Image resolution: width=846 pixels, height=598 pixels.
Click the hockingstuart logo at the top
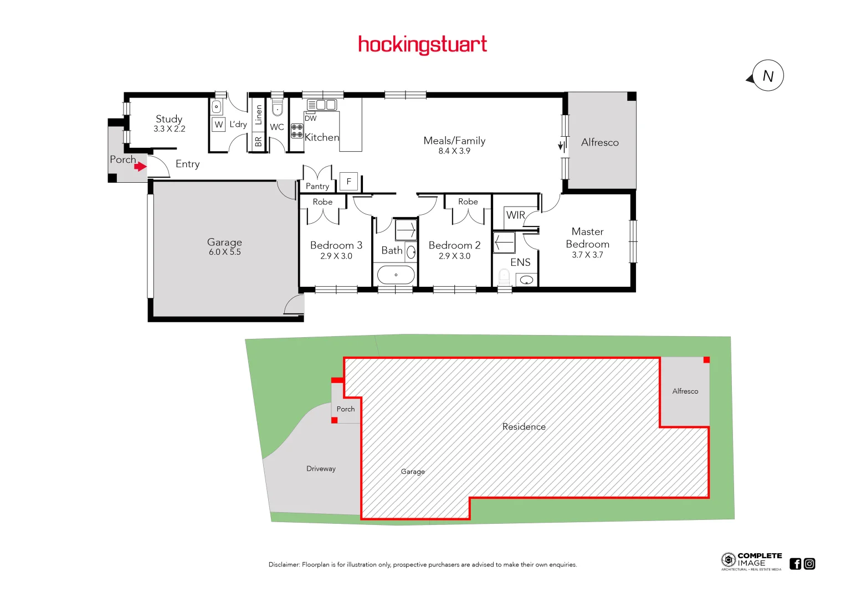click(422, 44)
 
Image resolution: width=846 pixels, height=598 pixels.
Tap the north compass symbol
click(767, 76)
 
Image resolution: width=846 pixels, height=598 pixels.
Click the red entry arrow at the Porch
click(140, 166)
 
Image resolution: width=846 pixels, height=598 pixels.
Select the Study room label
click(169, 119)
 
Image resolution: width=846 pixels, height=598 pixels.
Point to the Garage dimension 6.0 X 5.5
click(224, 252)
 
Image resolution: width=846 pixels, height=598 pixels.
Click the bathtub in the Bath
click(396, 275)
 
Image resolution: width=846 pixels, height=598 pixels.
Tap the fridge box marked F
click(348, 182)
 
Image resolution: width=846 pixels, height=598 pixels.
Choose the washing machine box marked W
click(219, 125)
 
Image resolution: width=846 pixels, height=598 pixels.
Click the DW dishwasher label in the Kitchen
click(311, 118)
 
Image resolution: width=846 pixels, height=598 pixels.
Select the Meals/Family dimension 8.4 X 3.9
click(454, 151)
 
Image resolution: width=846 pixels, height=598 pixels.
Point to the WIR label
click(515, 215)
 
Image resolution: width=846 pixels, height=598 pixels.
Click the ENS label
click(520, 262)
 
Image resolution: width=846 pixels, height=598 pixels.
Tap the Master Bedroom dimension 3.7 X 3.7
click(587, 255)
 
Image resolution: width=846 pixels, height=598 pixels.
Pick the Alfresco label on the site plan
click(685, 391)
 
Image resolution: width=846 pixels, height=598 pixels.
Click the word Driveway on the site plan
click(321, 468)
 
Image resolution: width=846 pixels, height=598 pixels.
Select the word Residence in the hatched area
click(524, 427)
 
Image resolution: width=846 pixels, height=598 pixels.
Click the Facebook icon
click(796, 564)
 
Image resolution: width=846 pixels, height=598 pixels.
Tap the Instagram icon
click(809, 564)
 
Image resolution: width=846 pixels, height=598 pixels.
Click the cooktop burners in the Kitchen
click(297, 131)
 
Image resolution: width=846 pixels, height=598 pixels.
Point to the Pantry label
click(317, 187)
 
